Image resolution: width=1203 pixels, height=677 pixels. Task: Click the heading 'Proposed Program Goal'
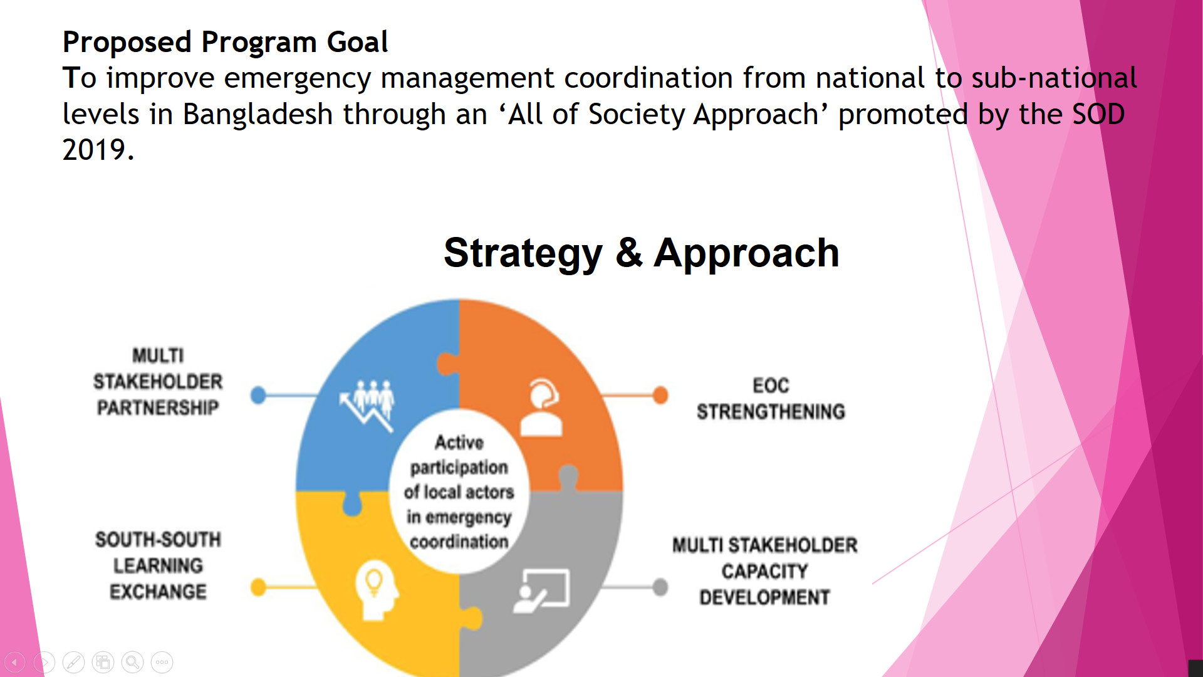pos(225,43)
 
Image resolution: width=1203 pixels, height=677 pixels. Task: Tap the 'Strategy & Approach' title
pos(641,253)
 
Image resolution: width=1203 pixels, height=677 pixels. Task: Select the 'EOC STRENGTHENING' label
pos(771,399)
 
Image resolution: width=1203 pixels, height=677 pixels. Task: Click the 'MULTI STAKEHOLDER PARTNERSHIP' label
pos(158,382)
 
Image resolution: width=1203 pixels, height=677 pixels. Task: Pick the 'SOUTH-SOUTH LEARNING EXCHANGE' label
pos(158,565)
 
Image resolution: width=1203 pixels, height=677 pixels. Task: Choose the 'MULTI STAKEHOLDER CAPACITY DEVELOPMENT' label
pos(764,571)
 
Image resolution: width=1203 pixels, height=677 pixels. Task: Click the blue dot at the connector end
pos(258,395)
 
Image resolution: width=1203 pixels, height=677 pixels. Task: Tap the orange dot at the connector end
pos(660,395)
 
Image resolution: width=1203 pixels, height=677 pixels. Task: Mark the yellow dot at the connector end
pos(258,587)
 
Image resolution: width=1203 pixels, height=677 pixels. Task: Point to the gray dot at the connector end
pos(660,587)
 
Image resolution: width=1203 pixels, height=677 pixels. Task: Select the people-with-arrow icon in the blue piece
pos(368,404)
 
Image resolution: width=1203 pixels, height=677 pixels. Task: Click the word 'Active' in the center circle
pos(459,443)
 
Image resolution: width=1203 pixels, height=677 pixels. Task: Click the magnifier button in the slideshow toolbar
pos(132,662)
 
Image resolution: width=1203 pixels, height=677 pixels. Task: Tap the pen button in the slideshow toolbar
pos(73,662)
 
